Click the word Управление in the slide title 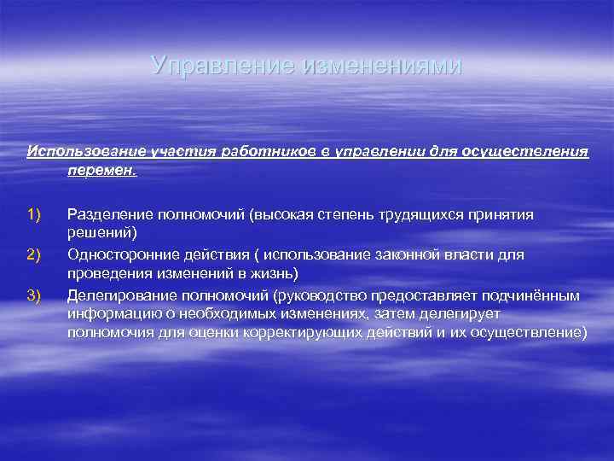coord(223,65)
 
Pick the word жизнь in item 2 coord(272,273)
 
